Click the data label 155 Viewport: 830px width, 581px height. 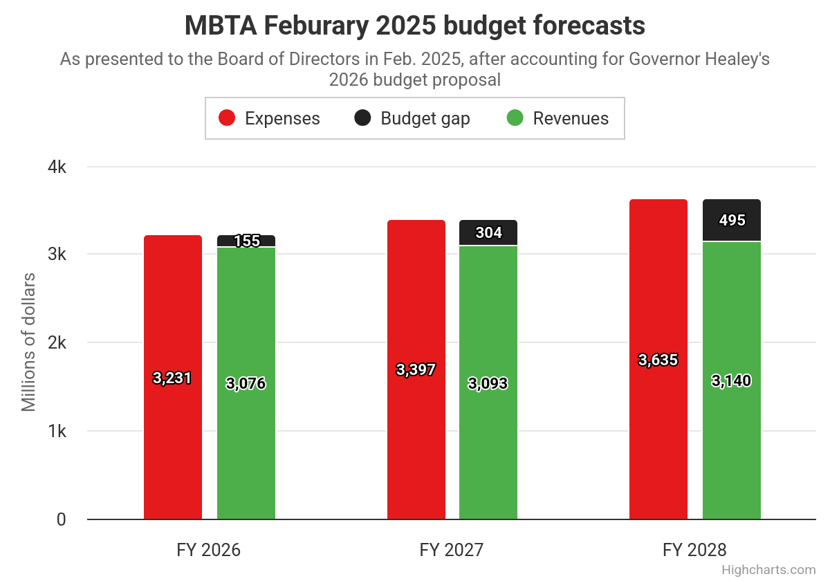(x=246, y=241)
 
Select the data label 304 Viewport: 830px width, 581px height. (x=488, y=232)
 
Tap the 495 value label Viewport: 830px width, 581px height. (x=732, y=220)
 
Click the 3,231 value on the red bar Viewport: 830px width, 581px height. (x=172, y=378)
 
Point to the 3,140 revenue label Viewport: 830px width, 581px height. (x=731, y=380)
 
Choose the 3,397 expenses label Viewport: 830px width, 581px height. (x=416, y=369)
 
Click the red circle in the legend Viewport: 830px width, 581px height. (x=227, y=118)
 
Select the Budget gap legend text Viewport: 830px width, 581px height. (x=425, y=118)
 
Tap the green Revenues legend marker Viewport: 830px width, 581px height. (x=515, y=118)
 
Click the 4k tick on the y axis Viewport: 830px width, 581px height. (x=57, y=167)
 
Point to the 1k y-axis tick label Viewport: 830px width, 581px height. (x=57, y=432)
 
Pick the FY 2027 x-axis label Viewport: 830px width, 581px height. (x=451, y=551)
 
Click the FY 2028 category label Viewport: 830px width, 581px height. (x=694, y=551)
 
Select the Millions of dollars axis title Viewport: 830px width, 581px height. (x=28, y=342)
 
